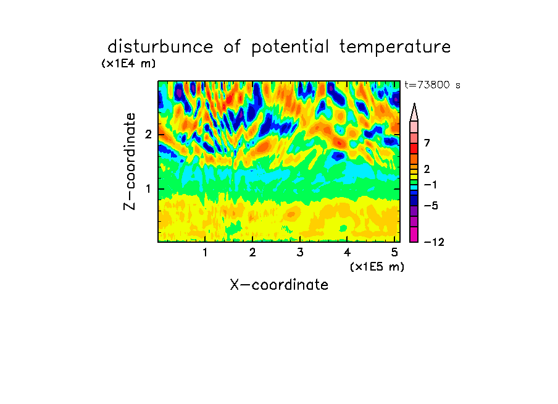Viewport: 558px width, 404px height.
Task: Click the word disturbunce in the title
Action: [x=160, y=46]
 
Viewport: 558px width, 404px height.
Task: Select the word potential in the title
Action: [x=290, y=47]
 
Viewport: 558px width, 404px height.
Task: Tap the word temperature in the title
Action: [x=395, y=47]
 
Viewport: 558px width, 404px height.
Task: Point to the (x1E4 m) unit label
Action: [x=128, y=64]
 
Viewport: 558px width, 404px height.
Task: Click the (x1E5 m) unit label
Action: [x=377, y=266]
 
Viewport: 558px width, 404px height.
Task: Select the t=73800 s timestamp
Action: [x=432, y=85]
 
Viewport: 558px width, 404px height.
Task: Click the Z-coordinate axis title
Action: [x=130, y=161]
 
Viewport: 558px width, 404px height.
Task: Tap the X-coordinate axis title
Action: [x=279, y=285]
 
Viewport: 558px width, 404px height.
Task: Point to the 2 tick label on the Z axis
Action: [x=148, y=135]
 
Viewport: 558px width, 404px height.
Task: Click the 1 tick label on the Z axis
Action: [x=148, y=188]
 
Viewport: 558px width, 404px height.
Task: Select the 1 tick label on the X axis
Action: [x=205, y=252]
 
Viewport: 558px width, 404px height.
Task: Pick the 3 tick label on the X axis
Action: [x=300, y=252]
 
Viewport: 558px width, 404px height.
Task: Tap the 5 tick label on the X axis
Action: [x=394, y=252]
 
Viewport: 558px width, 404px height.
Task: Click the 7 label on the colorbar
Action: [x=427, y=143]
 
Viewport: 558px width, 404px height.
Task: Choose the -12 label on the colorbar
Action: [x=434, y=242]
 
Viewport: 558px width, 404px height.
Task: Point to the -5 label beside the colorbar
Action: [x=431, y=206]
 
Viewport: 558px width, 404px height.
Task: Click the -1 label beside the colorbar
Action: [x=430, y=185]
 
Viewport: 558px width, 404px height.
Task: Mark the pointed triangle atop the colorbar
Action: [x=414, y=112]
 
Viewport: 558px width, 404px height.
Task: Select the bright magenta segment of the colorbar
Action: [x=414, y=234]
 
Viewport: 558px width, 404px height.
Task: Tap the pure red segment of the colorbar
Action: [x=414, y=148]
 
